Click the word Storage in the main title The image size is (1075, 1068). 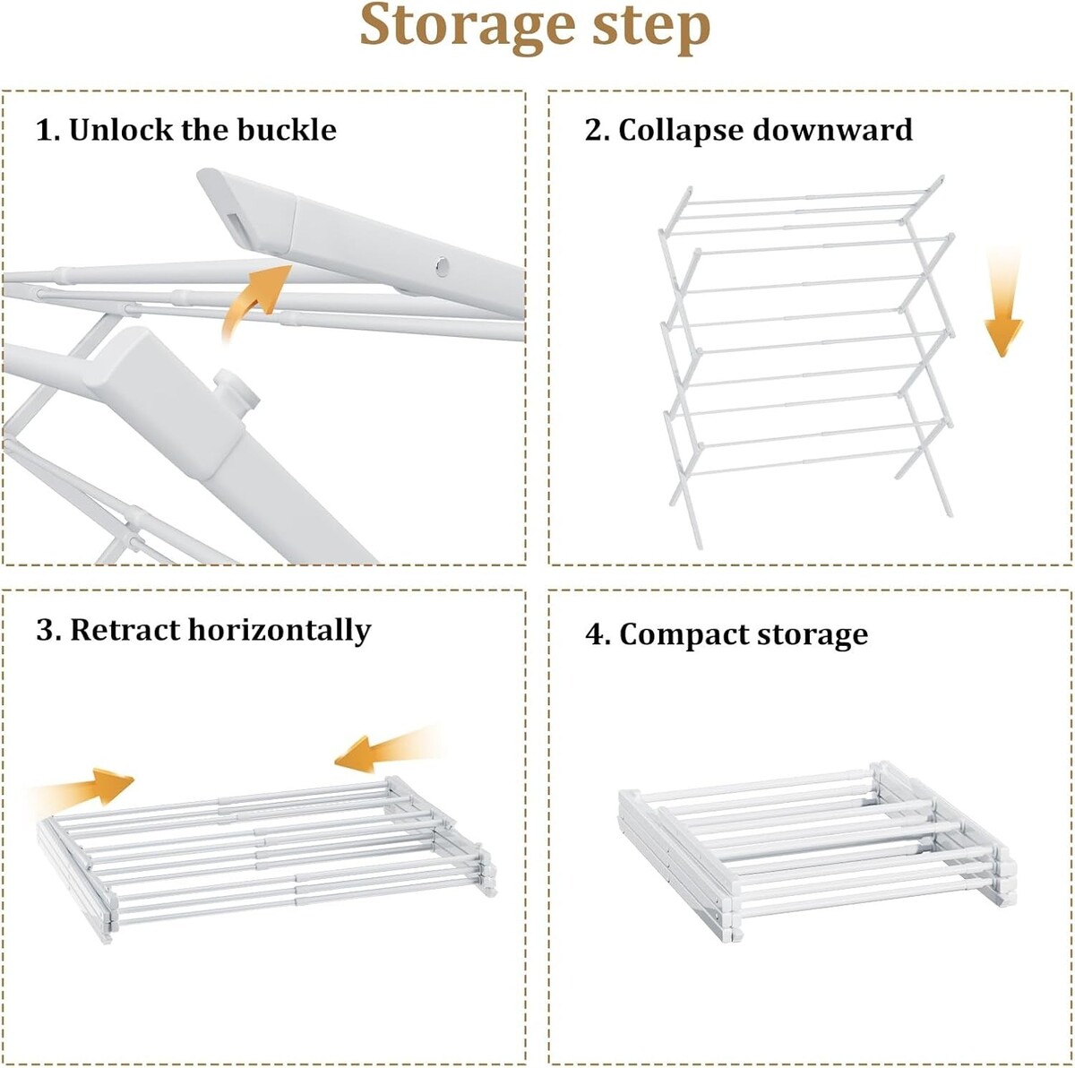(x=467, y=28)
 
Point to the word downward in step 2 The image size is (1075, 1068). (x=832, y=129)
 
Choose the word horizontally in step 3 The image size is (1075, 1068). (x=279, y=631)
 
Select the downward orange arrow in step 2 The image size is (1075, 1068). (x=1003, y=304)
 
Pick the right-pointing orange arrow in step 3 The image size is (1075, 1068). (x=83, y=787)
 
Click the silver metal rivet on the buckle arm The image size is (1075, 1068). (x=443, y=267)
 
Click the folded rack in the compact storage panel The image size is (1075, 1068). (x=816, y=851)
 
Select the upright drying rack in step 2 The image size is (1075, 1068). (x=806, y=362)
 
